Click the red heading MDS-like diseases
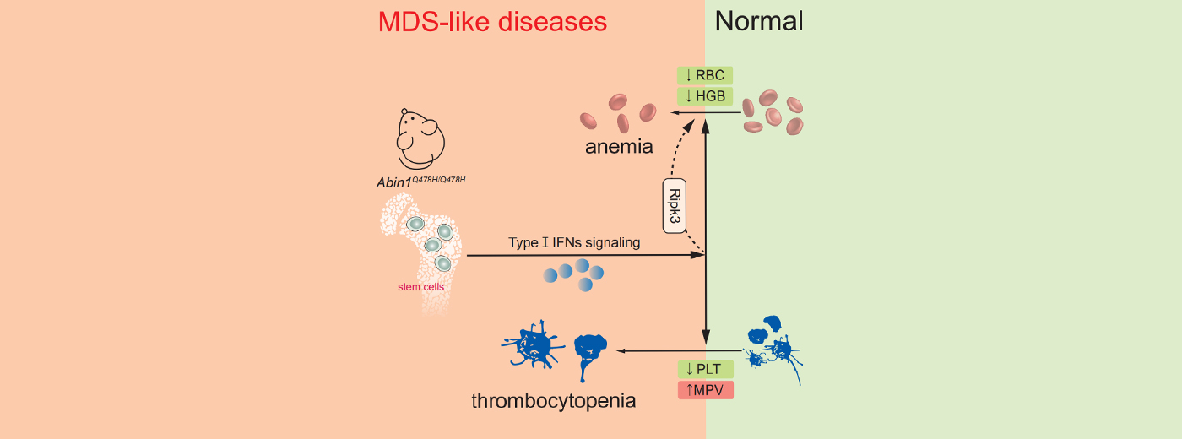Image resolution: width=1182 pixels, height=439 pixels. (493, 21)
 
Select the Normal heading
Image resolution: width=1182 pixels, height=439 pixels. (759, 21)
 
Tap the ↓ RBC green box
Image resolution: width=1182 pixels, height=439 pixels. (705, 75)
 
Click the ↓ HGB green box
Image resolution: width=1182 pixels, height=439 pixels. (705, 96)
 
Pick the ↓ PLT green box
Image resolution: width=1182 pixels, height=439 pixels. (705, 369)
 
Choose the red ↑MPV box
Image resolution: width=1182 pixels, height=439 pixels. (705, 390)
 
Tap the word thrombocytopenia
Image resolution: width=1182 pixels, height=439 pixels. (553, 398)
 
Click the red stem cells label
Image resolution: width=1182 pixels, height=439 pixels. (420, 287)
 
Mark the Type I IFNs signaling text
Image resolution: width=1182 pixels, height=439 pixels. (574, 243)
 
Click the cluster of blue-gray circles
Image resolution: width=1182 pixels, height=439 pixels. (574, 274)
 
